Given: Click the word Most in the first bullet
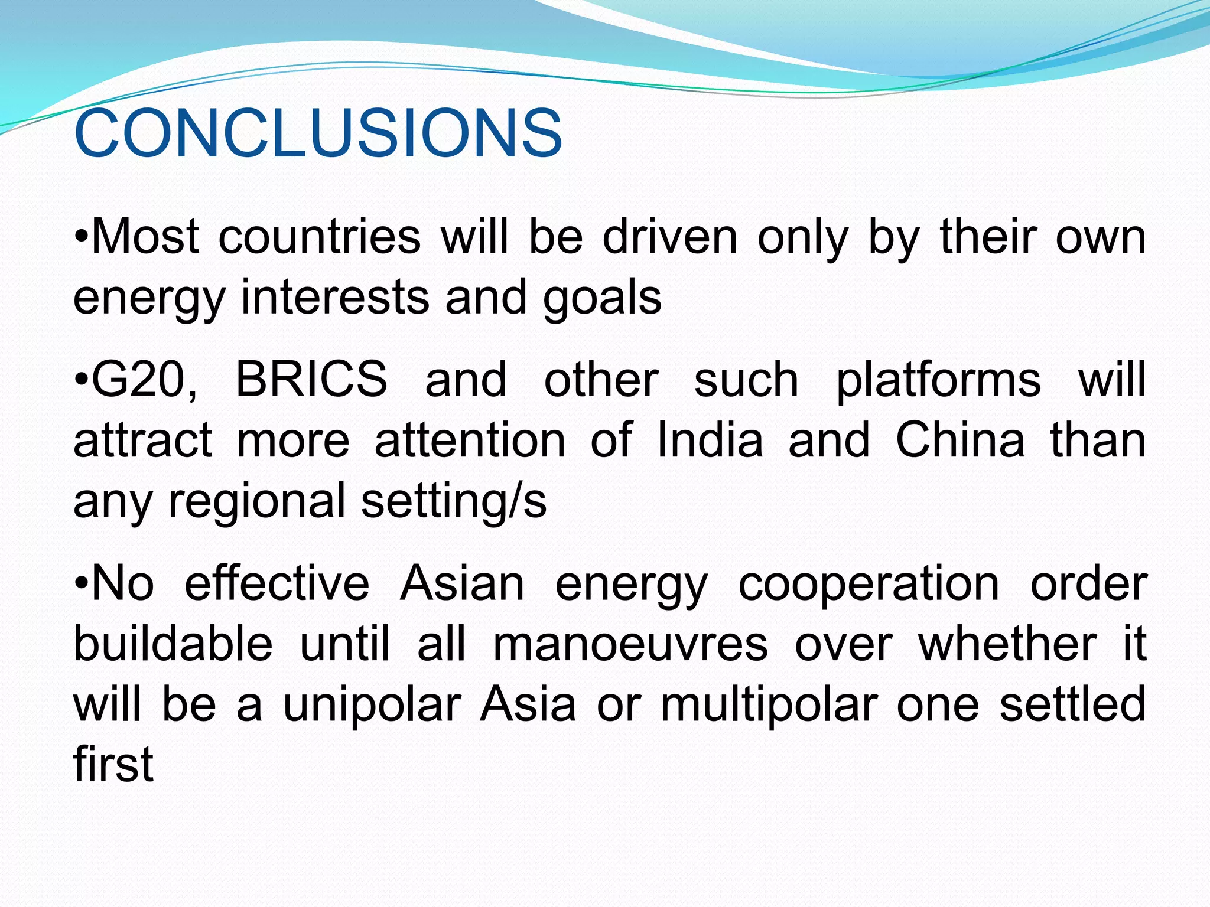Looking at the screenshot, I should click(145, 237).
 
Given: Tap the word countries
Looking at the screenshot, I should click(319, 237).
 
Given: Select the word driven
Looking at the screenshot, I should click(670, 237).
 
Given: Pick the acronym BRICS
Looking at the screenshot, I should click(311, 380).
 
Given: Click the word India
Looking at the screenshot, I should click(710, 440).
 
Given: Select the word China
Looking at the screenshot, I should click(960, 440).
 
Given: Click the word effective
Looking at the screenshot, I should click(277, 583).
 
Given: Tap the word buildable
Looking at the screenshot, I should click(173, 644).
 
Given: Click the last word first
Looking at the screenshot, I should click(113, 764).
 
